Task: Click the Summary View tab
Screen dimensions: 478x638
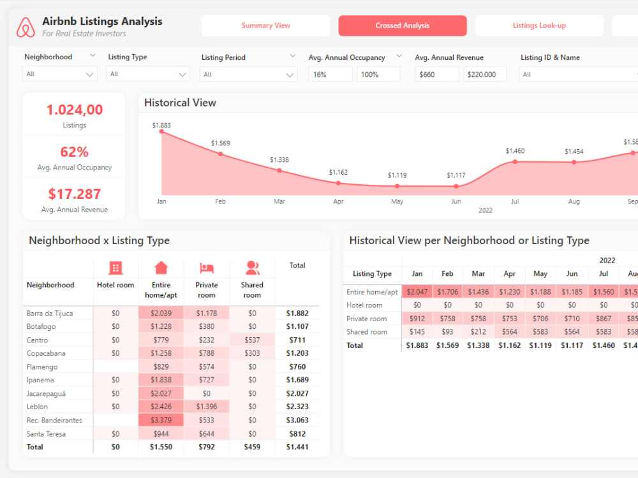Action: pos(265,25)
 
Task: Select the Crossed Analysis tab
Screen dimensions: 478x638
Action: pos(402,25)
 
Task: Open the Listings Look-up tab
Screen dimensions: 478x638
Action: pos(539,25)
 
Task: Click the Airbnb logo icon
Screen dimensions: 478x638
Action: pos(26,27)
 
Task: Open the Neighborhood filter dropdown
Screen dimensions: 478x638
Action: pos(59,74)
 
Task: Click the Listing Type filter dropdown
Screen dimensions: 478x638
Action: pos(148,74)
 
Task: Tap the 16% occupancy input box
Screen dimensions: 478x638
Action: pos(330,75)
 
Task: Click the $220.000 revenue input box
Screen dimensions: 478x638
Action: pos(485,75)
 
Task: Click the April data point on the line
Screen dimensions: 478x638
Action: pos(338,183)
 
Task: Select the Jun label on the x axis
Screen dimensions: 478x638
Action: pos(456,201)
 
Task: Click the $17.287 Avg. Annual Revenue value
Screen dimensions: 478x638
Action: pos(74,194)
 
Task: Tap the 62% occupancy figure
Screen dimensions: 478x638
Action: pos(74,152)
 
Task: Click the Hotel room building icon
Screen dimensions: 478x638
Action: pos(115,268)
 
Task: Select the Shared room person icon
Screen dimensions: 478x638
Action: pos(252,268)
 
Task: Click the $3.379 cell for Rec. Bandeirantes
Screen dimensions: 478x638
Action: pos(161,420)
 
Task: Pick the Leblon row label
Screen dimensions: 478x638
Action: pos(37,407)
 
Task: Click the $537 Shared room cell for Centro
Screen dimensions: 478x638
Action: pos(252,340)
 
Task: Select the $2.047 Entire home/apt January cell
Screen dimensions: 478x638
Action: pos(417,292)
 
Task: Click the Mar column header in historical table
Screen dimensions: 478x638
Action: pos(478,273)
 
